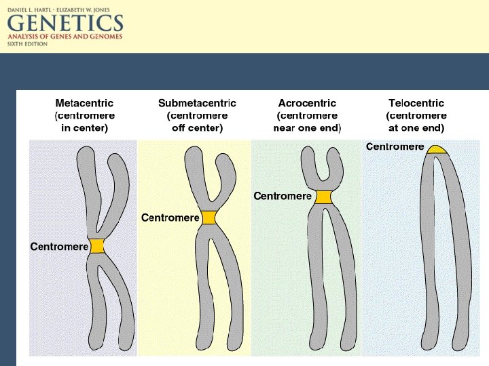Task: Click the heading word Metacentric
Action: click(x=84, y=103)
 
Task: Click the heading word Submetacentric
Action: click(x=197, y=103)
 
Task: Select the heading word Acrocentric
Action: click(x=307, y=103)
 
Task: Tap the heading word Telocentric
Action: click(x=416, y=103)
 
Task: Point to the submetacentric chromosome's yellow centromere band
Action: click(x=208, y=218)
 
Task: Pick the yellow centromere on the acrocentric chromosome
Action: click(x=322, y=197)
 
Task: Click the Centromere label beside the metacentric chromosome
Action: click(x=59, y=246)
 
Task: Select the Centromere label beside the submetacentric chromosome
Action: click(x=170, y=218)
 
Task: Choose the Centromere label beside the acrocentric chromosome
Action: click(x=283, y=197)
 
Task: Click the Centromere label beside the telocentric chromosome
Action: click(x=395, y=146)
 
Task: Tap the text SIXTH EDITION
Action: click(x=27, y=43)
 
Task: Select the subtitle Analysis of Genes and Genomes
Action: click(x=65, y=36)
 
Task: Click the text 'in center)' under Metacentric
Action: click(x=84, y=127)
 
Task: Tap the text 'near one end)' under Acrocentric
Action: click(x=307, y=127)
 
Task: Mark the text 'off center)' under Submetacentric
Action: click(x=197, y=127)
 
